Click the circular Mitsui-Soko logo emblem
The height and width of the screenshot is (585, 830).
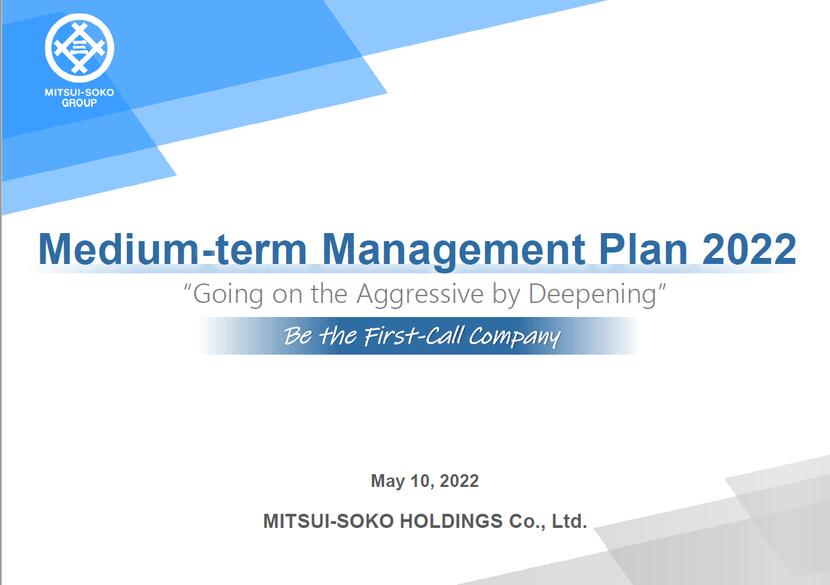point(79,48)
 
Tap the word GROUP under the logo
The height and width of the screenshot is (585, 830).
point(79,103)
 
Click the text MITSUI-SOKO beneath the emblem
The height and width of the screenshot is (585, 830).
point(79,93)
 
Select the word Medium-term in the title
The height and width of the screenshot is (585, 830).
point(173,249)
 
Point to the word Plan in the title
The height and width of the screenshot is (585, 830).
point(643,249)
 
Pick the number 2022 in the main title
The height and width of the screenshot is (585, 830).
point(749,249)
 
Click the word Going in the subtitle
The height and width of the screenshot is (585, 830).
point(228,295)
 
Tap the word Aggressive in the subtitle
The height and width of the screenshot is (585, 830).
point(420,295)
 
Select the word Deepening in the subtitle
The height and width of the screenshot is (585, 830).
point(592,295)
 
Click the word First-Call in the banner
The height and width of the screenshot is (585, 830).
point(414,336)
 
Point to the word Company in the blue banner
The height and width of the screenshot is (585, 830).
point(515,337)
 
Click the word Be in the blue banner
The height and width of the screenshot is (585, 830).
point(298,336)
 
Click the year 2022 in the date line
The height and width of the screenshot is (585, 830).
point(459,481)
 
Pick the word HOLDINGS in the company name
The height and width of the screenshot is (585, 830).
point(451,521)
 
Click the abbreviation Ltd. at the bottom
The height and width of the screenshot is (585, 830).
point(569,521)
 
